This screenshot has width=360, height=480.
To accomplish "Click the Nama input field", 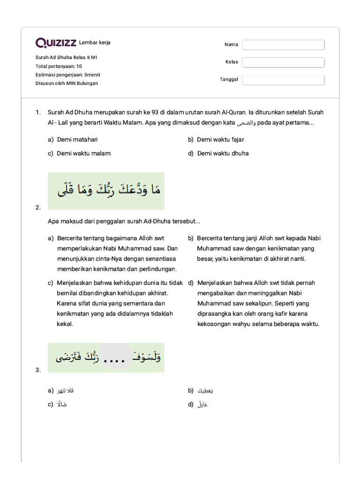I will tap(283, 45).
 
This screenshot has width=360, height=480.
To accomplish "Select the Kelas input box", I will tap(283, 62).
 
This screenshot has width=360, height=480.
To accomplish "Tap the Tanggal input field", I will tap(283, 80).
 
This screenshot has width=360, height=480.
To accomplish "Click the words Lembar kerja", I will tap(95, 43).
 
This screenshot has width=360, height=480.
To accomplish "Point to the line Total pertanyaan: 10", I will tap(59, 66).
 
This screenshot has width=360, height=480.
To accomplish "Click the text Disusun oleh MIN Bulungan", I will tap(67, 83).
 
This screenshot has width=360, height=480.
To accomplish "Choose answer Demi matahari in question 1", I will tap(77, 139).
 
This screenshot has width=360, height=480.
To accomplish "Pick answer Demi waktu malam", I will tap(84, 153).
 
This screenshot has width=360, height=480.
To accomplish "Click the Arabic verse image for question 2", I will tap(106, 191).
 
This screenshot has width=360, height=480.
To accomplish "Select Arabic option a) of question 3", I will tap(65, 390).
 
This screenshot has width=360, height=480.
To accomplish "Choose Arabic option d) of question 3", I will tap(202, 405).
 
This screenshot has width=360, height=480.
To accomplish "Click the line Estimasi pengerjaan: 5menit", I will tap(67, 75).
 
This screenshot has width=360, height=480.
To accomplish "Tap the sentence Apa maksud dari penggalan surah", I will tap(124, 221).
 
